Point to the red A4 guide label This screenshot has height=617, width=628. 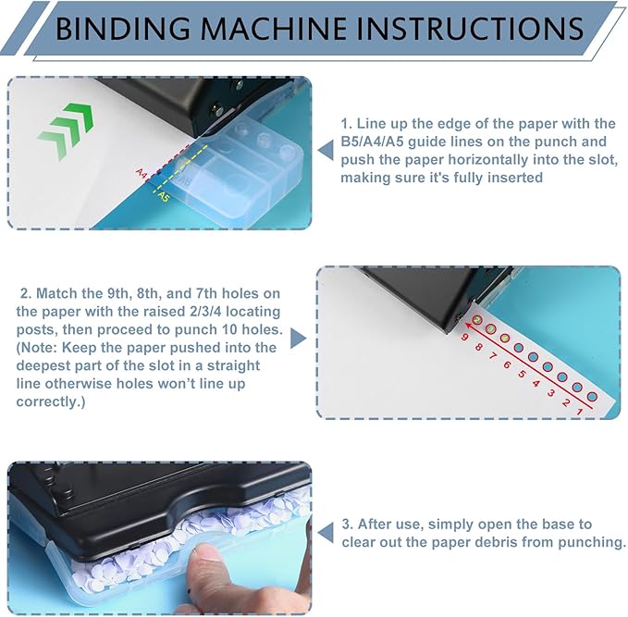point(142,173)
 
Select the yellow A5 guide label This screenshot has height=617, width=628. point(163,196)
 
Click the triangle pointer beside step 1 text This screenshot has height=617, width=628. point(324,151)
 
